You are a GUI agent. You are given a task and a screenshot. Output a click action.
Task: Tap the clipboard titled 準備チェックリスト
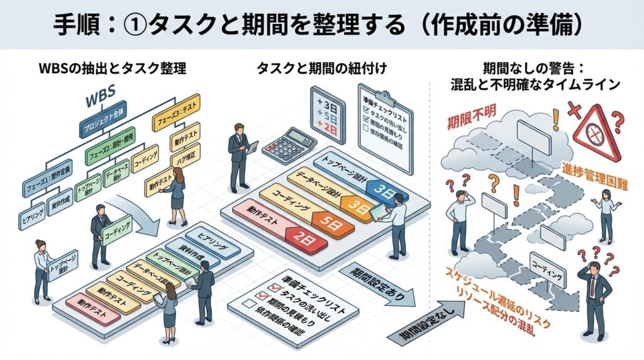coord(385,126)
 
